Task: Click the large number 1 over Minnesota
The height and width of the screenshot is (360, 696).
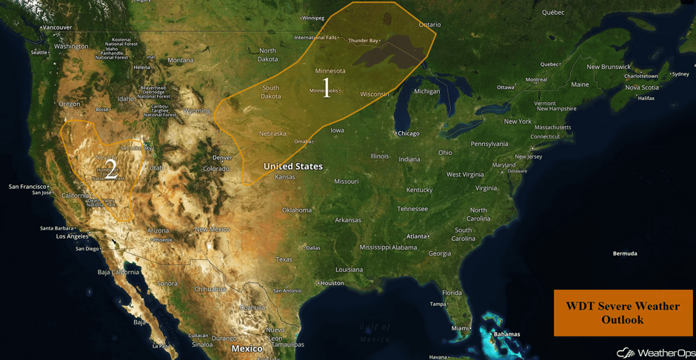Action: click(325, 88)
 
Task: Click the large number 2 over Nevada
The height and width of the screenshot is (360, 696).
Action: click(110, 170)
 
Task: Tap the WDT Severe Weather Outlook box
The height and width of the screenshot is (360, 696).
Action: click(623, 313)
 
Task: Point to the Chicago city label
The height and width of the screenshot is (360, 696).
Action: click(407, 133)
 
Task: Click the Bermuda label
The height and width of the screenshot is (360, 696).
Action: click(625, 253)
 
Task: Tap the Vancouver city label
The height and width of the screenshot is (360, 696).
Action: click(57, 27)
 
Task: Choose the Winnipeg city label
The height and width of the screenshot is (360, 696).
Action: click(313, 17)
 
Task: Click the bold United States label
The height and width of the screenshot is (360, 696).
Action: click(293, 167)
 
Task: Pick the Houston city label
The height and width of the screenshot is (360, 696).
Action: click(332, 283)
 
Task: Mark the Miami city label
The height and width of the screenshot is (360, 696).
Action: click(459, 328)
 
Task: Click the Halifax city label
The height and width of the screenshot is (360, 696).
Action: click(646, 98)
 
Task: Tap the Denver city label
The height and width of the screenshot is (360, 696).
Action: click(222, 158)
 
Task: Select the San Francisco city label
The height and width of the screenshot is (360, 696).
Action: click(27, 186)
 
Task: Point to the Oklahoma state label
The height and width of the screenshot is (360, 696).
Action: click(296, 210)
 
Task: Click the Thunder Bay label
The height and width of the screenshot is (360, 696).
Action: click(363, 40)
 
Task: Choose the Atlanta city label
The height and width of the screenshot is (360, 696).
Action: click(418, 236)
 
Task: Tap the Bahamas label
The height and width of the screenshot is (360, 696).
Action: click(506, 334)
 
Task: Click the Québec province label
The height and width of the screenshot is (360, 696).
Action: click(552, 12)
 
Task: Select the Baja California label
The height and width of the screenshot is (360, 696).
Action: click(118, 272)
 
